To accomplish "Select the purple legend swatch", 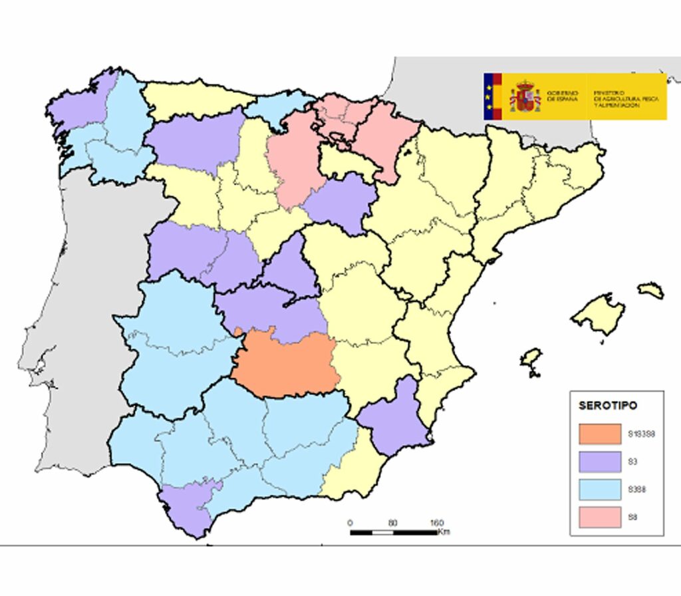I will pos(599,462).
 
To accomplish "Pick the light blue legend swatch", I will pos(599,489).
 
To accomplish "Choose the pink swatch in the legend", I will pos(599,516).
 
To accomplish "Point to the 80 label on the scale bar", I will pos(392,523).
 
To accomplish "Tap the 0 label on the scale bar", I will pos(350,523).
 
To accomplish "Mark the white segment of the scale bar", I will pos(382,532).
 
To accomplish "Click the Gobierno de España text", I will pos(563,96).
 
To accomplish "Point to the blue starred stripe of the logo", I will pos(488,96).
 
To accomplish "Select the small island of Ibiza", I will pos(531,360).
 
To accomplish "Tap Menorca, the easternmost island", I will pos(650,290).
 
